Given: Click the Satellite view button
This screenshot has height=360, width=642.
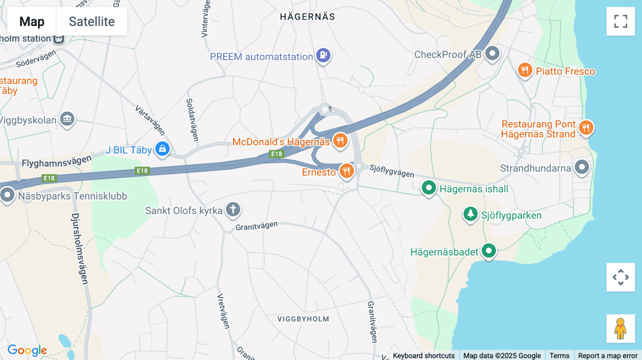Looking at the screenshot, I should [x=92, y=21].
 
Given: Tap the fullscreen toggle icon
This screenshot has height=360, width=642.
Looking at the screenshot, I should [x=621, y=21].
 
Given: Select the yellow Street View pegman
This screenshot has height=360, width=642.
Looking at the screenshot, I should [x=620, y=328].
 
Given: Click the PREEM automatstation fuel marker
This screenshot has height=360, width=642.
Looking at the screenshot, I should [x=323, y=55].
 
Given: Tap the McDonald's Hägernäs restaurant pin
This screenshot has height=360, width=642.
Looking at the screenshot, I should [x=340, y=140].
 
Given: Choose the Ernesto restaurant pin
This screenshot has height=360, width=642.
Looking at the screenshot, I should [x=347, y=171].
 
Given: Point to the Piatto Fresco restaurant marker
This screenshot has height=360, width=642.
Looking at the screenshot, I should [x=525, y=70].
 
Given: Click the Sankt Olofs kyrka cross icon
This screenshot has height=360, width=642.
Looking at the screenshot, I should [x=233, y=209].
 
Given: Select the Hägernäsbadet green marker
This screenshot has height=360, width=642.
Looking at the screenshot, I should [x=489, y=251].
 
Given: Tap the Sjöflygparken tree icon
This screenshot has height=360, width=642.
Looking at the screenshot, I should [x=470, y=214].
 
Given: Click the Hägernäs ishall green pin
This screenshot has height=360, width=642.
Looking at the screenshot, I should [x=429, y=187].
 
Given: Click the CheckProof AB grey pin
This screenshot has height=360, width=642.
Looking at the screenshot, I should [x=492, y=53].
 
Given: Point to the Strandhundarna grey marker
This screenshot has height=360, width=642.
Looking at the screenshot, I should [x=582, y=167].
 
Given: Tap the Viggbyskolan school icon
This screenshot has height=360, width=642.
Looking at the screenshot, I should [x=67, y=119].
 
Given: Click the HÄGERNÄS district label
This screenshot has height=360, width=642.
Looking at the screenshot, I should [x=307, y=17].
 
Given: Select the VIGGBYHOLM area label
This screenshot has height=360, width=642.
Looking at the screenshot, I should [x=303, y=319].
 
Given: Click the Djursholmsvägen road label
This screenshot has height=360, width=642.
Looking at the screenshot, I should [x=80, y=249].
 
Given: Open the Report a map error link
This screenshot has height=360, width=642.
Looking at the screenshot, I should [x=607, y=355].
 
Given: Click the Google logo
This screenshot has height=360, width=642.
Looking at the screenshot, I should [x=27, y=350].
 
